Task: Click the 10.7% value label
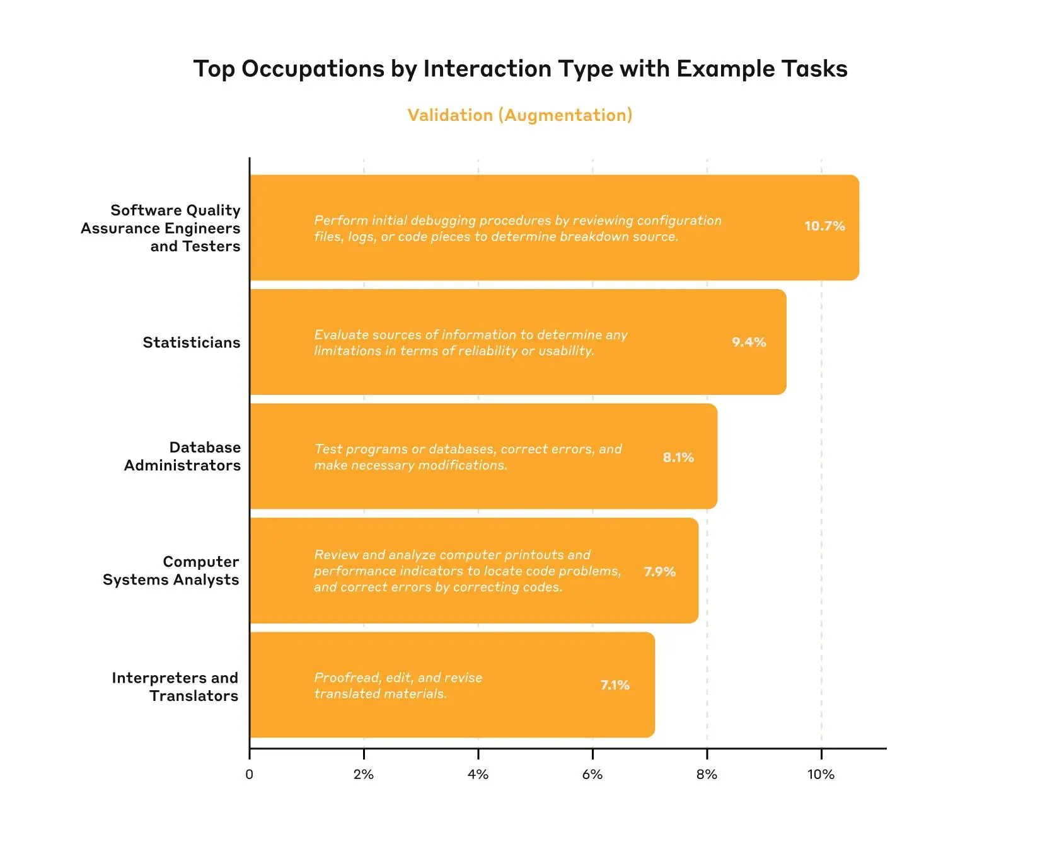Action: click(x=824, y=226)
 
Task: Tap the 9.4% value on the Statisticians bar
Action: click(x=749, y=342)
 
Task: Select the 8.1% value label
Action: click(x=678, y=457)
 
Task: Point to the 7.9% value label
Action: click(x=659, y=571)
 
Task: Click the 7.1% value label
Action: click(x=615, y=685)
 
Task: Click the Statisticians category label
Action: click(x=191, y=343)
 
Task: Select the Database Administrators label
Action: click(x=182, y=457)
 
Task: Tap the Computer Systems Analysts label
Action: click(x=171, y=571)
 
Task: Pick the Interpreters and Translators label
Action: click(x=175, y=686)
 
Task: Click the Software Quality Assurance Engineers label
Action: click(x=161, y=228)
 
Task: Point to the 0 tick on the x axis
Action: click(x=249, y=775)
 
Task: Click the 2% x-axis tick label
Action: click(x=364, y=775)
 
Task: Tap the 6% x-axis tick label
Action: click(x=592, y=775)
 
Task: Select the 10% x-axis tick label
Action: click(x=821, y=775)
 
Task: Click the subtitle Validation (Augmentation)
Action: click(x=519, y=115)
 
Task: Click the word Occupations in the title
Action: click(x=313, y=69)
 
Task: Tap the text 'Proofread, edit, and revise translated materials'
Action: click(x=398, y=685)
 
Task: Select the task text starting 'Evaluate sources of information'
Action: click(x=470, y=343)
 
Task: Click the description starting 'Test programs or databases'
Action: click(x=468, y=457)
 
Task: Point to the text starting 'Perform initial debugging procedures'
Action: click(x=517, y=228)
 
